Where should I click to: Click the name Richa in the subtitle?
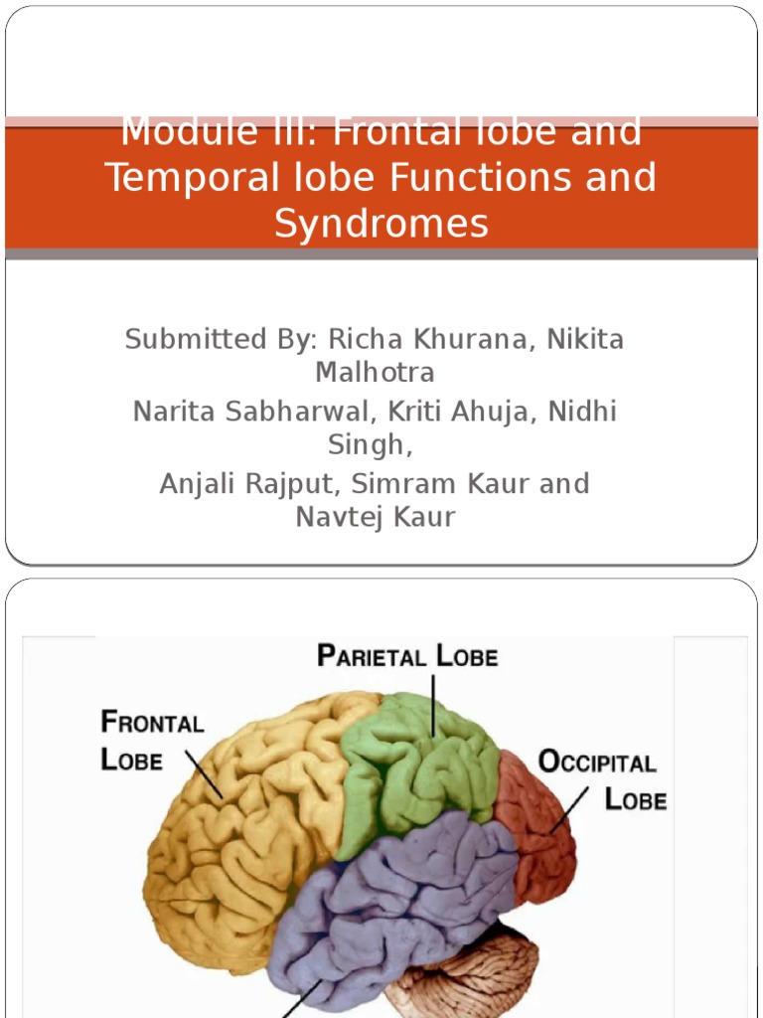[x=365, y=339]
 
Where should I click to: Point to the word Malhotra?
[x=375, y=373]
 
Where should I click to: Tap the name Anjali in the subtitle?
[x=203, y=484]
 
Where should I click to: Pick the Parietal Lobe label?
[x=407, y=656]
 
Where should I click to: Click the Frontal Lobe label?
[x=151, y=740]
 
